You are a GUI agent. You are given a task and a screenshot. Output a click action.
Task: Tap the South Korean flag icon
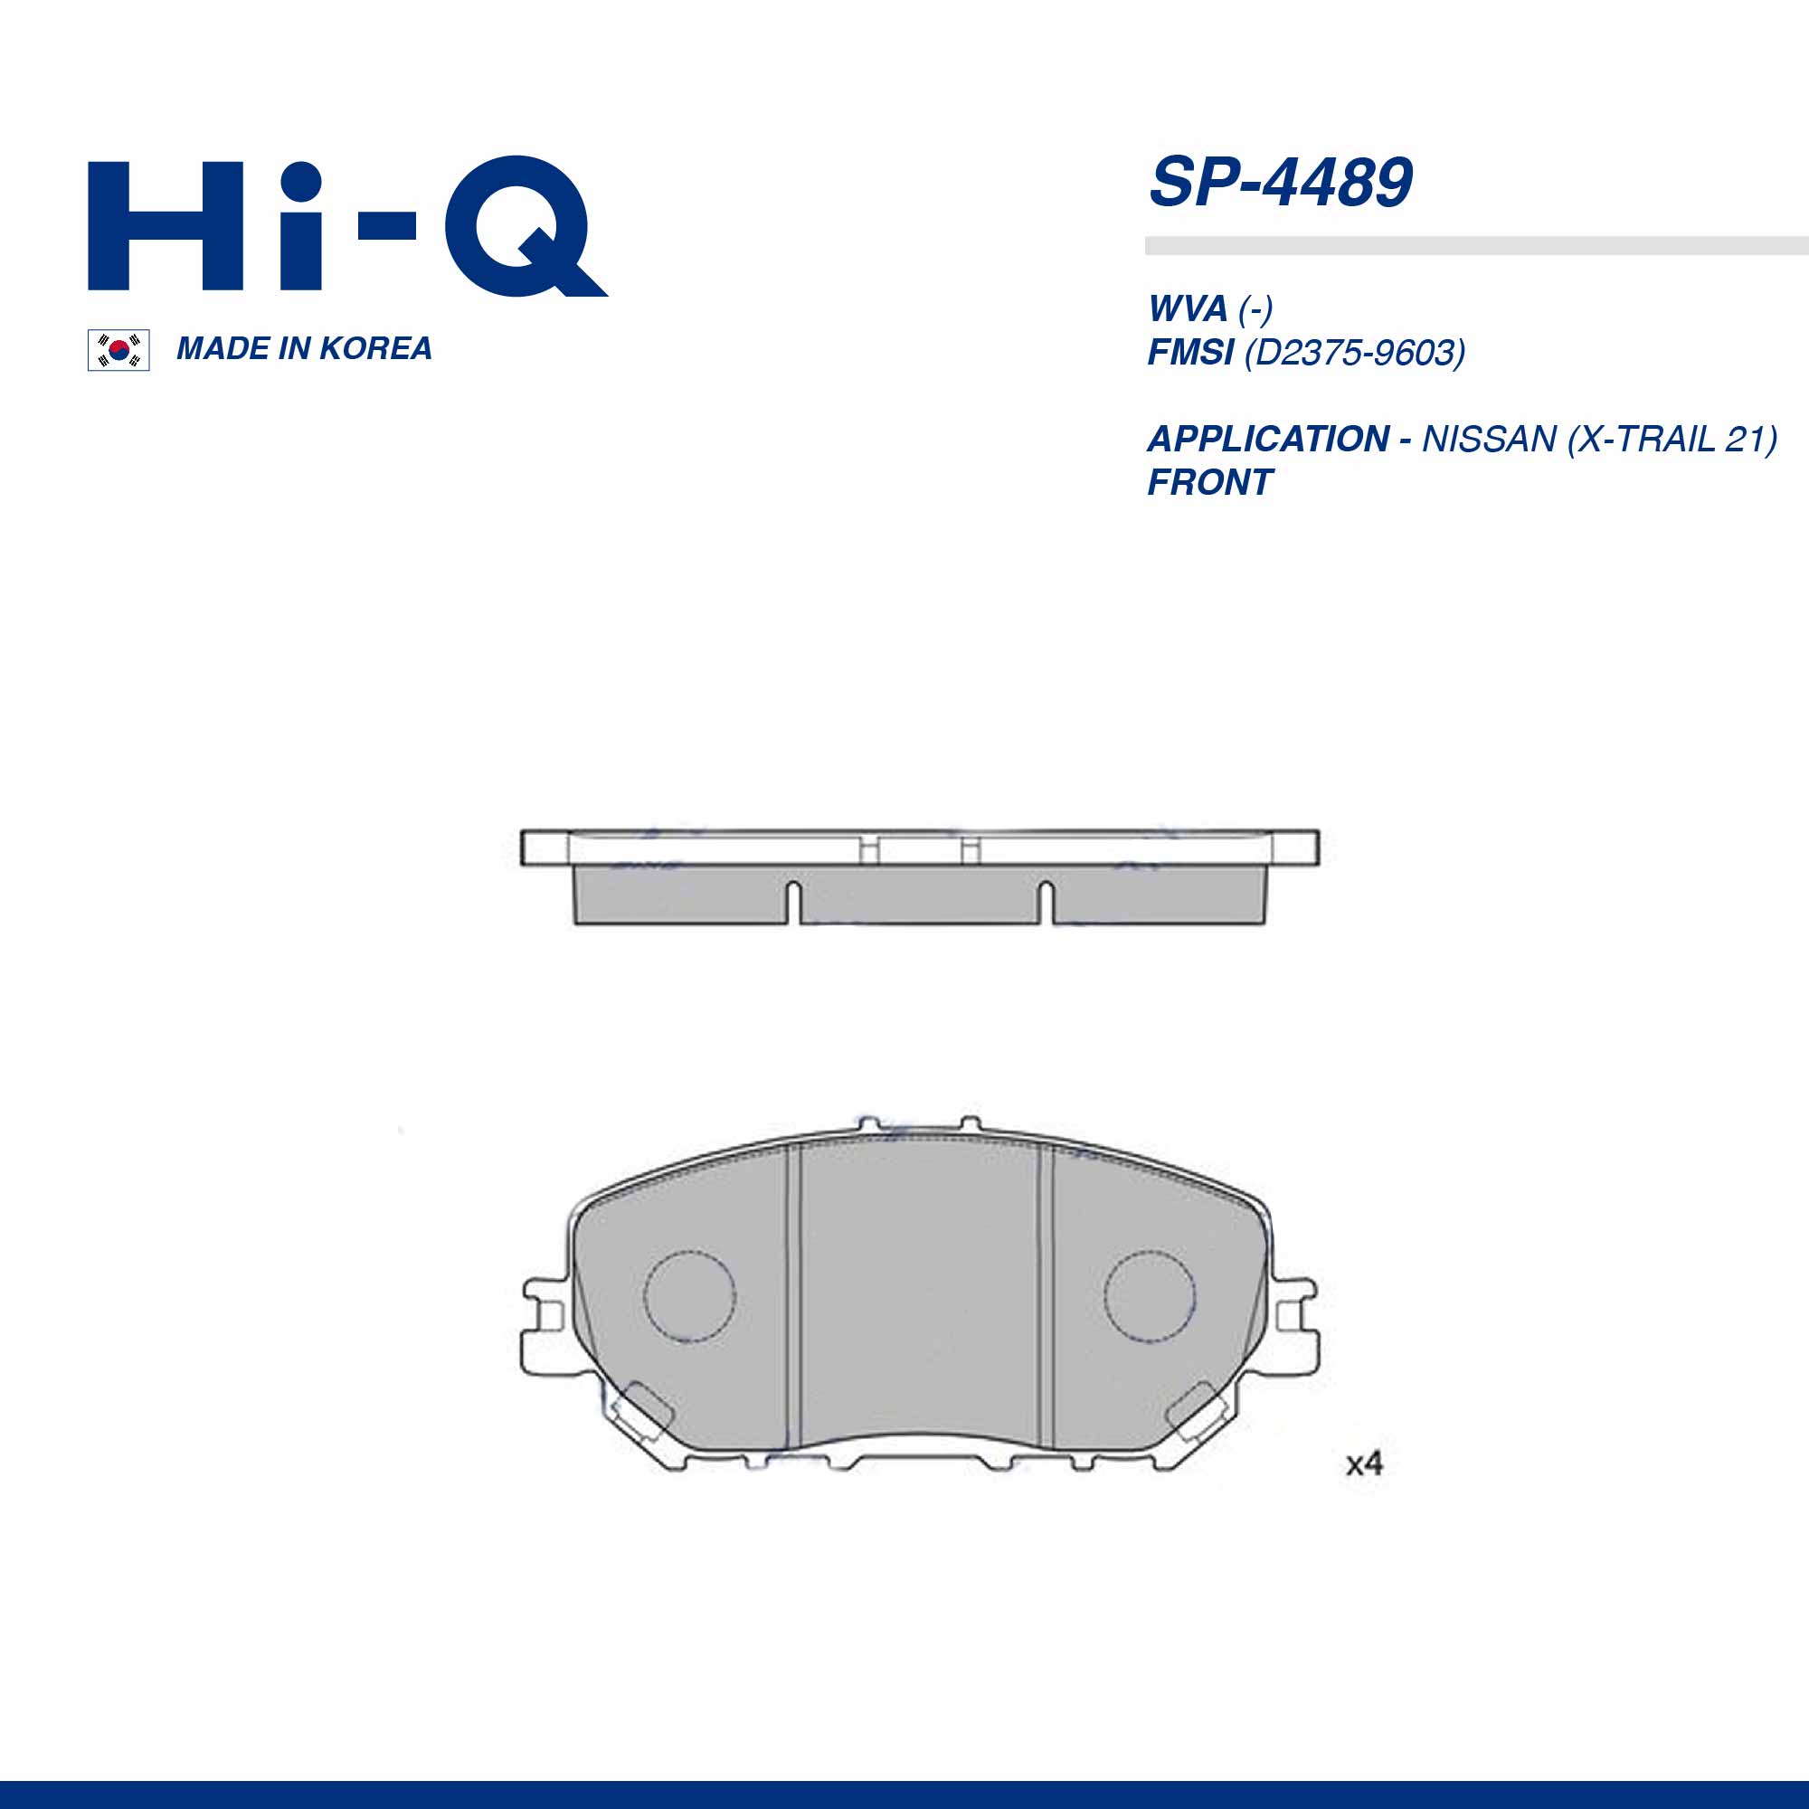pos(118,350)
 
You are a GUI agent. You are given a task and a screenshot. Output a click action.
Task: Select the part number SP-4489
pos(1279,183)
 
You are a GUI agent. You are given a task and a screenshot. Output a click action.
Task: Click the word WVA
pos(1188,309)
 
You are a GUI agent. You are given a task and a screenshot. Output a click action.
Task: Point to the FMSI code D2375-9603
pos(1354,353)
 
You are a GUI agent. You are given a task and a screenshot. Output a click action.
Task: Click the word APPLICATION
pos(1268,440)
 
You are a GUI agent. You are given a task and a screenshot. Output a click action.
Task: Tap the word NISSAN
pos(1489,440)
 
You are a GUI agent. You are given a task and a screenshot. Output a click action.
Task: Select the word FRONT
pos(1209,483)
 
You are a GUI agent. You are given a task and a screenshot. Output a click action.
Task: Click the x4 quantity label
pos(1363,1463)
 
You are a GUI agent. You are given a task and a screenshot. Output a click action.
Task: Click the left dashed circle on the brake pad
pos(690,1296)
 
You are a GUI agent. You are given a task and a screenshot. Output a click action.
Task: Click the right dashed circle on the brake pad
pos(1149,1294)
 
